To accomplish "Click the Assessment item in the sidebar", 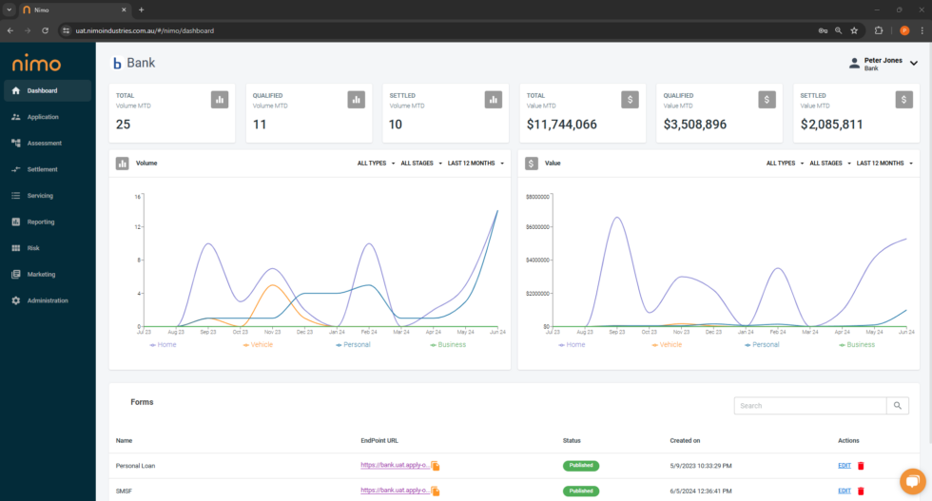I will point(44,144).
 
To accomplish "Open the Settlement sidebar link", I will point(42,169).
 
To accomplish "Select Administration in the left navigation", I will point(48,300).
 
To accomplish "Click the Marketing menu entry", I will point(41,274).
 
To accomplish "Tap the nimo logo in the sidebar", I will point(36,64).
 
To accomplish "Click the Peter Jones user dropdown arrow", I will point(914,64).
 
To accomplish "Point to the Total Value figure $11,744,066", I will point(562,125).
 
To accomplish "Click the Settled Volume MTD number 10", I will point(397,125).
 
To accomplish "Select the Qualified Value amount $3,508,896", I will point(695,125).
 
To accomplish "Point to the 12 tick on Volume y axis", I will point(138,227).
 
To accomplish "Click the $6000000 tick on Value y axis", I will point(538,226).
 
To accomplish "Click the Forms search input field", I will point(810,406).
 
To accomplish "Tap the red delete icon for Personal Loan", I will point(862,466).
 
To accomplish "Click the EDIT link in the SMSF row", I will point(845,491).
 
